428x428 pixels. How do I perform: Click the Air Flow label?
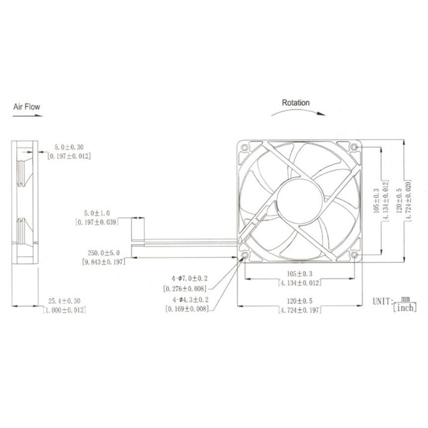tap(26, 106)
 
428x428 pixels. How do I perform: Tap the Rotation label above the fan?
tap(296, 102)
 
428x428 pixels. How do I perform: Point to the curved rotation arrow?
tap(298, 111)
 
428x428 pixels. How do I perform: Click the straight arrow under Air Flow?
tap(27, 116)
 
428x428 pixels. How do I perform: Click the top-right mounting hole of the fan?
tap(354, 148)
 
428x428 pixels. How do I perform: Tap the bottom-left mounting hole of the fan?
tap(245, 256)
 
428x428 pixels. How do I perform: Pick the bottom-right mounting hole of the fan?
tap(354, 256)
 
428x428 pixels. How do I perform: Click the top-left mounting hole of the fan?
tap(245, 148)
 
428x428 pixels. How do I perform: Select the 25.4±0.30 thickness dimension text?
tap(65, 301)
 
